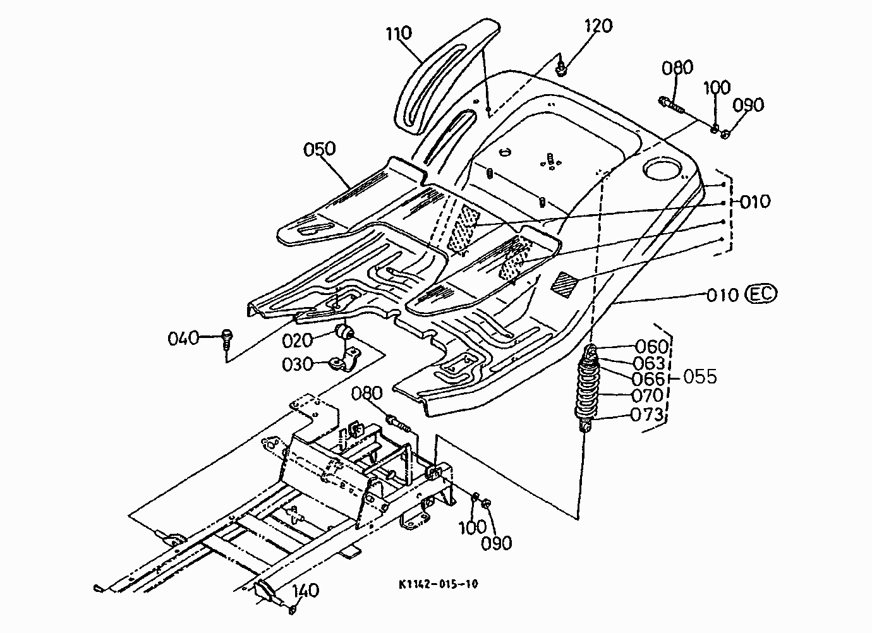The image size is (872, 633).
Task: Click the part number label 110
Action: [x=399, y=33]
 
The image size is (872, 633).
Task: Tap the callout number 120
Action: [x=598, y=26]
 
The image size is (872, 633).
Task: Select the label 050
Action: [x=319, y=150]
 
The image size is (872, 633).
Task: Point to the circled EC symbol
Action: [x=761, y=294]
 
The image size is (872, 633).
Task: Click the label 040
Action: [x=183, y=339]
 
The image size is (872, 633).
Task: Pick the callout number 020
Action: [x=298, y=341]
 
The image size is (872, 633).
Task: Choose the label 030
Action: [x=298, y=365]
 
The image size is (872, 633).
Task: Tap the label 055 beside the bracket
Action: [x=700, y=377]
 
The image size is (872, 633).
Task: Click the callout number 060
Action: [x=651, y=346]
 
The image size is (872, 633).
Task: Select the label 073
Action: [x=646, y=414]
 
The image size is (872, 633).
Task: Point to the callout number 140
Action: [x=306, y=591]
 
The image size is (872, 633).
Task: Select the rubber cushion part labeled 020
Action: [x=344, y=332]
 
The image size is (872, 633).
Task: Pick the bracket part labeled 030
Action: [x=345, y=361]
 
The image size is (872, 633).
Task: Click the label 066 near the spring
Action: [x=648, y=379]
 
